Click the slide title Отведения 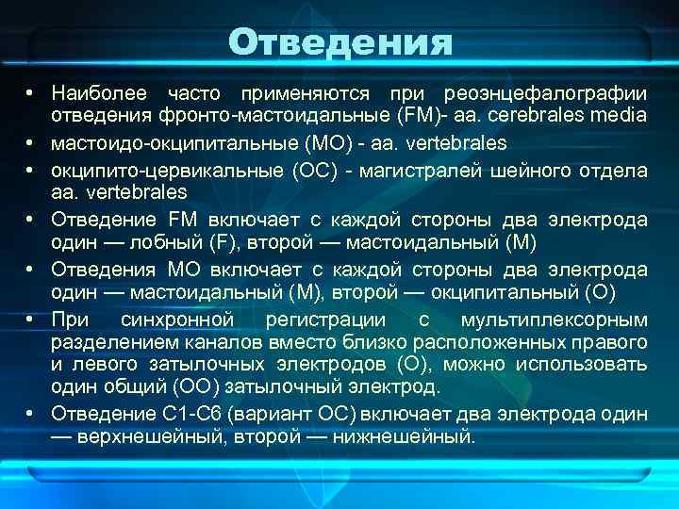[339, 42]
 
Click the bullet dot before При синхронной [31, 318]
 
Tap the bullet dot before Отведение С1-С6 [31, 414]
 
